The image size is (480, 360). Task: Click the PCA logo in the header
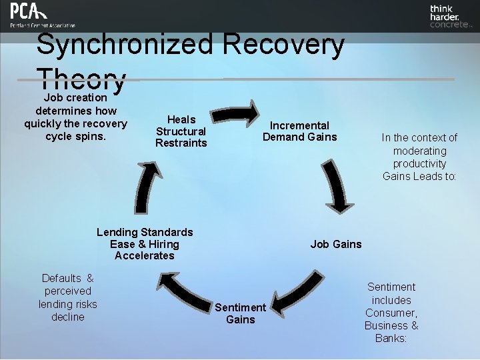tap(41, 15)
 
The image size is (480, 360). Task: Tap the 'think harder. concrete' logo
tap(450, 16)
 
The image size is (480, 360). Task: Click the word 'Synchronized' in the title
tap(125, 45)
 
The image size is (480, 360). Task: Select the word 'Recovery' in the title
tap(284, 45)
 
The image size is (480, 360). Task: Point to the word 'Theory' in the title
tap(81, 80)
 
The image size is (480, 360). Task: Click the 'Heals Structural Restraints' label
tap(181, 131)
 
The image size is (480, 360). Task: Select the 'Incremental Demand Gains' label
tap(299, 131)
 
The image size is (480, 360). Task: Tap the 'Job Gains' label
tap(336, 244)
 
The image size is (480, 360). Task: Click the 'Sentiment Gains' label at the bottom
tap(240, 313)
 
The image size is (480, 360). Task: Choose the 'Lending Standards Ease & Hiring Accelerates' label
tap(145, 244)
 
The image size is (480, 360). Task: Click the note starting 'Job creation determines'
tap(75, 117)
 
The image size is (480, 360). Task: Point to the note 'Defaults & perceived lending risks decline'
tap(67, 297)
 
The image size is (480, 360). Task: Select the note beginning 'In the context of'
tap(419, 157)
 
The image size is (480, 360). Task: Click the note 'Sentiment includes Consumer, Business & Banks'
tap(391, 312)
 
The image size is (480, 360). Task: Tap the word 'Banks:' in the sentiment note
tap(391, 338)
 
